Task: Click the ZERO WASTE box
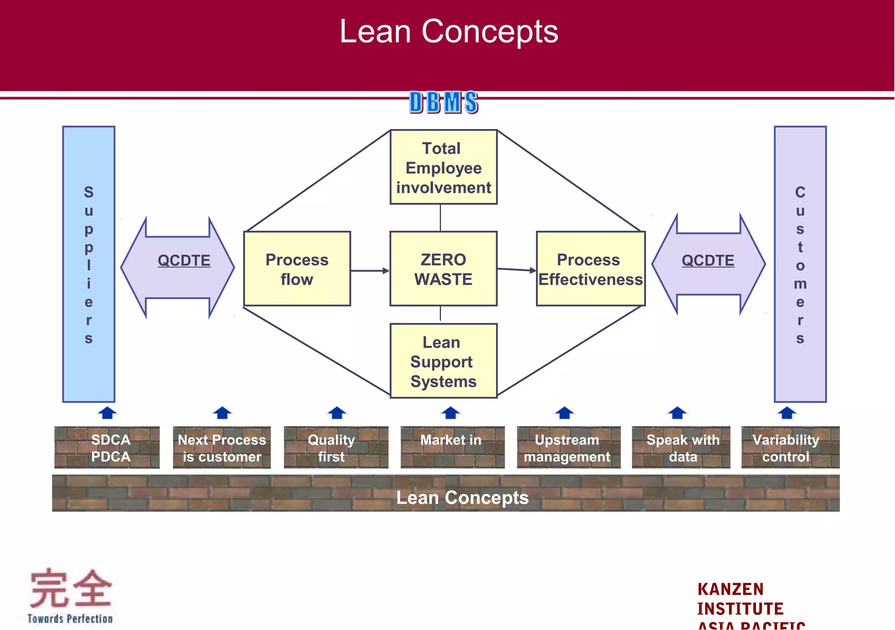(443, 269)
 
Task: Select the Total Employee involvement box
(443, 167)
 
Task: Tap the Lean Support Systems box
(443, 361)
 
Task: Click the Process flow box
(297, 269)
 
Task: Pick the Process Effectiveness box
(590, 269)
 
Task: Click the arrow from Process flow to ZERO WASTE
(370, 271)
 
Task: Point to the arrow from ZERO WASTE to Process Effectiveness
(517, 270)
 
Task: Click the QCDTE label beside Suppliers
(184, 261)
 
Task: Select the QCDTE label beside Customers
(708, 261)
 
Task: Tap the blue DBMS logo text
(444, 102)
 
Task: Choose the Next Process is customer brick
(222, 448)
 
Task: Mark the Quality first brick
(336, 448)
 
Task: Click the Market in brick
(452, 447)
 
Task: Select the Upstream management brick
(568, 448)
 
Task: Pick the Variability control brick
(790, 448)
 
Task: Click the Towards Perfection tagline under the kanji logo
(70, 619)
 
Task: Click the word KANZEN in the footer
(730, 589)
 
